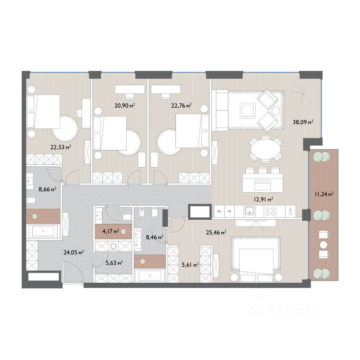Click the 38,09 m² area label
point(303,122)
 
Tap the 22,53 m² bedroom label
point(61,147)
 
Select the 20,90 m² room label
point(124,106)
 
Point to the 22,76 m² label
point(181,106)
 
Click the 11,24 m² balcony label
point(324,194)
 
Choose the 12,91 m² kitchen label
point(263,199)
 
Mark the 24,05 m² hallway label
point(74,252)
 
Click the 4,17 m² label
point(110,231)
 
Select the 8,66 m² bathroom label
point(47,189)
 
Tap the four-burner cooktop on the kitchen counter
point(270,211)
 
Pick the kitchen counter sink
point(249,211)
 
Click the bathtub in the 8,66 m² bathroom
point(43,232)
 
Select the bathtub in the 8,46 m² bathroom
point(150,275)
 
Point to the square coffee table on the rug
point(248,111)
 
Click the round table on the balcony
point(324,245)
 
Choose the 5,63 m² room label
point(114,263)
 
